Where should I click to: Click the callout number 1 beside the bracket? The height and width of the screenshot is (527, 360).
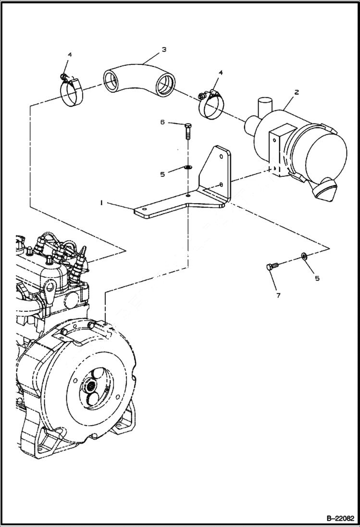(x=101, y=203)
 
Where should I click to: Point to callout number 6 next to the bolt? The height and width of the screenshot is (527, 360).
(x=162, y=123)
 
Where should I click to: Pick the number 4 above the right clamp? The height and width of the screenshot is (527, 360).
(x=221, y=73)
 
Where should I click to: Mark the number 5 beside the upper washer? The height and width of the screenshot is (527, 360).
(x=162, y=174)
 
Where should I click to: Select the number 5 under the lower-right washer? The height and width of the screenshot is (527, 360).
(x=317, y=278)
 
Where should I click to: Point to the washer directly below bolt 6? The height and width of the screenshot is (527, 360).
(x=187, y=168)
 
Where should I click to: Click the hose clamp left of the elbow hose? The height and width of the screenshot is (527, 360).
(x=71, y=92)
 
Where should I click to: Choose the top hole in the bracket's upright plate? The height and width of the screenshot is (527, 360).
(x=220, y=155)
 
